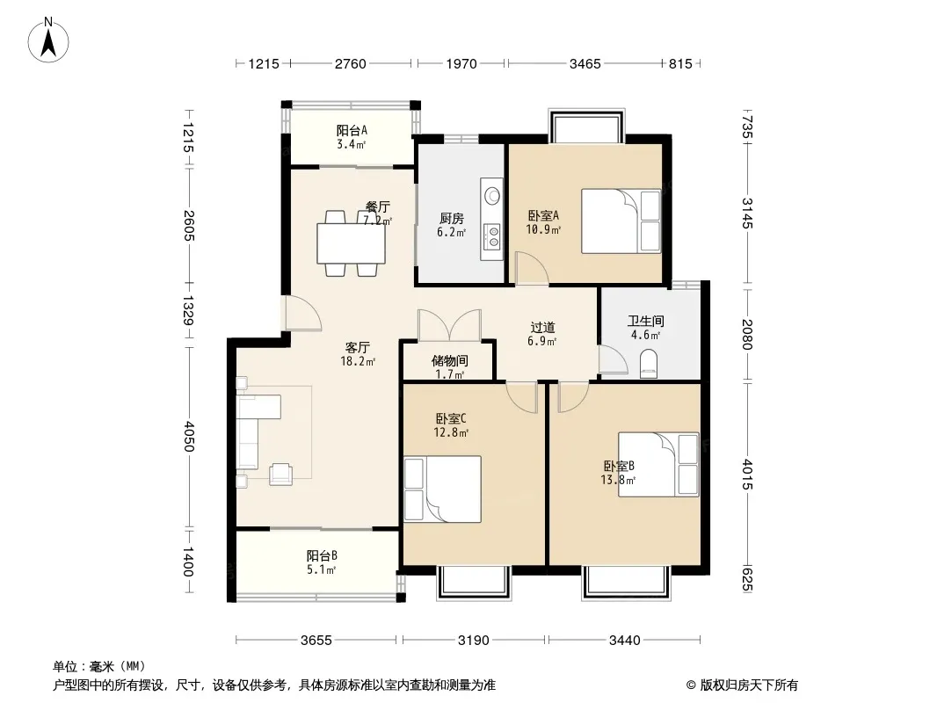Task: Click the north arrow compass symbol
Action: [48, 40]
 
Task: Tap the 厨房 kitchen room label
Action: [451, 219]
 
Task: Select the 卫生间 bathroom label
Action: [645, 322]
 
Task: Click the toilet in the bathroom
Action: [649, 364]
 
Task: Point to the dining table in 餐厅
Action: [352, 243]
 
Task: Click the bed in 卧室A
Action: [621, 221]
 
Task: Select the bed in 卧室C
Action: [442, 489]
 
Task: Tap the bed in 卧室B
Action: [658, 465]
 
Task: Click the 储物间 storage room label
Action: [449, 361]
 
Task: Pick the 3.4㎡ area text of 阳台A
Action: [351, 144]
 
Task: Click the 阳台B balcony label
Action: [322, 556]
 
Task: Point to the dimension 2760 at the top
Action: [350, 63]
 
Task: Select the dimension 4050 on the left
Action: [188, 436]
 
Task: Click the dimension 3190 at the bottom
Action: [473, 641]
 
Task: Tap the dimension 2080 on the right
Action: [747, 335]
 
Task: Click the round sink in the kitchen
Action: [493, 195]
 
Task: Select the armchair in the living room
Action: [281, 475]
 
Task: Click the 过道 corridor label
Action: [542, 327]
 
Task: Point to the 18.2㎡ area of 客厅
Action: [358, 361]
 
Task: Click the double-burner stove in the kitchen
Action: [493, 235]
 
